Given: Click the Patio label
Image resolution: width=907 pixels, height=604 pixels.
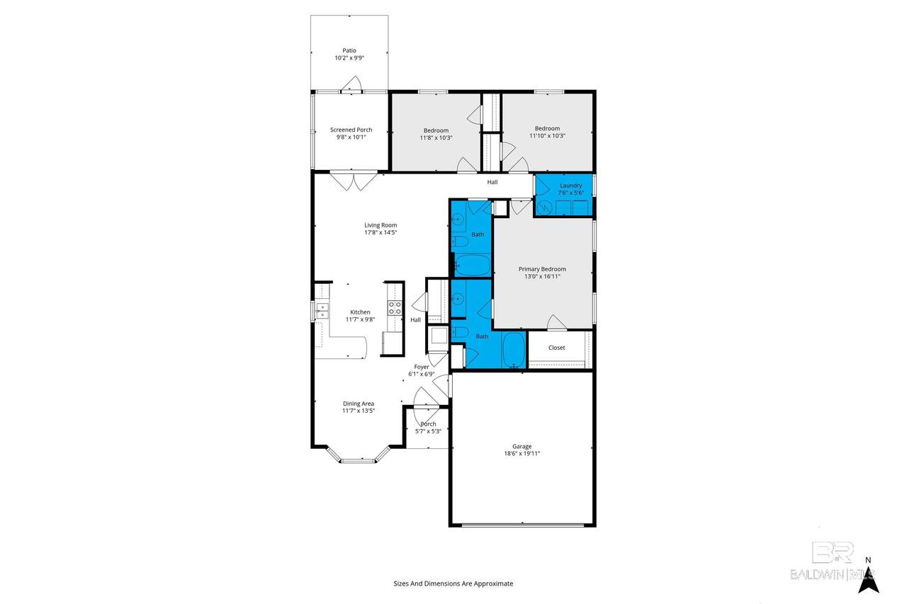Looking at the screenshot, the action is click(x=349, y=50).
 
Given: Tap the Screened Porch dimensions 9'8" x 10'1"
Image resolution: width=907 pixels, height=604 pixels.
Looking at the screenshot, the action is click(x=351, y=137).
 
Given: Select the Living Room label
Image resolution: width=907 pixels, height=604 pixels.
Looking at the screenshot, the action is click(x=381, y=225).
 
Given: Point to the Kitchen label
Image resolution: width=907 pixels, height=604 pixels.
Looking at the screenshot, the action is click(x=360, y=312).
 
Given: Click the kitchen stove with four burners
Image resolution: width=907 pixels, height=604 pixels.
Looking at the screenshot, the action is click(x=395, y=307).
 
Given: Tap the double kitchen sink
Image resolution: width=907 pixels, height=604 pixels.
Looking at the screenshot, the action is click(x=322, y=310).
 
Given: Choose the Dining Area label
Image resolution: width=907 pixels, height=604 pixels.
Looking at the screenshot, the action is click(x=359, y=404).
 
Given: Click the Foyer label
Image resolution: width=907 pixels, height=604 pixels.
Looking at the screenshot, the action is click(x=421, y=367).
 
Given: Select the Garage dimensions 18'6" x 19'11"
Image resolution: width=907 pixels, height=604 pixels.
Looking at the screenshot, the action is click(x=522, y=453).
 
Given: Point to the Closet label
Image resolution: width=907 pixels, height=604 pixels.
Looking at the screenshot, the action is click(x=556, y=348).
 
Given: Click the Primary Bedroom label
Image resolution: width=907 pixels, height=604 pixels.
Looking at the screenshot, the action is click(x=542, y=269).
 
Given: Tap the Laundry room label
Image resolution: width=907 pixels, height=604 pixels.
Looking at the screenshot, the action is click(x=570, y=186).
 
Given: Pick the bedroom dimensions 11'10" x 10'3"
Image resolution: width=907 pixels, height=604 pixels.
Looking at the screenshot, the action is click(x=547, y=135).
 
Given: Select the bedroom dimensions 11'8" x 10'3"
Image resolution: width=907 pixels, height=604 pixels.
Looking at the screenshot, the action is click(x=436, y=137).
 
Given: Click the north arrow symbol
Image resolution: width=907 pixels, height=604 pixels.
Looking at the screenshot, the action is click(x=869, y=581).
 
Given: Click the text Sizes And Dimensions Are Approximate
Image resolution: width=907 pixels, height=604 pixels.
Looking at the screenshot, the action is click(x=453, y=583).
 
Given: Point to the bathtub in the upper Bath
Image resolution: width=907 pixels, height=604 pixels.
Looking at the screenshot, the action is click(x=472, y=265).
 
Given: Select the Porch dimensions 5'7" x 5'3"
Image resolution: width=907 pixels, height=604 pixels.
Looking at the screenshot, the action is click(x=428, y=431).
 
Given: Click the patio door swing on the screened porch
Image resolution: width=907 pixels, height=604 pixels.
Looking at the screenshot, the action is click(x=351, y=84).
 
